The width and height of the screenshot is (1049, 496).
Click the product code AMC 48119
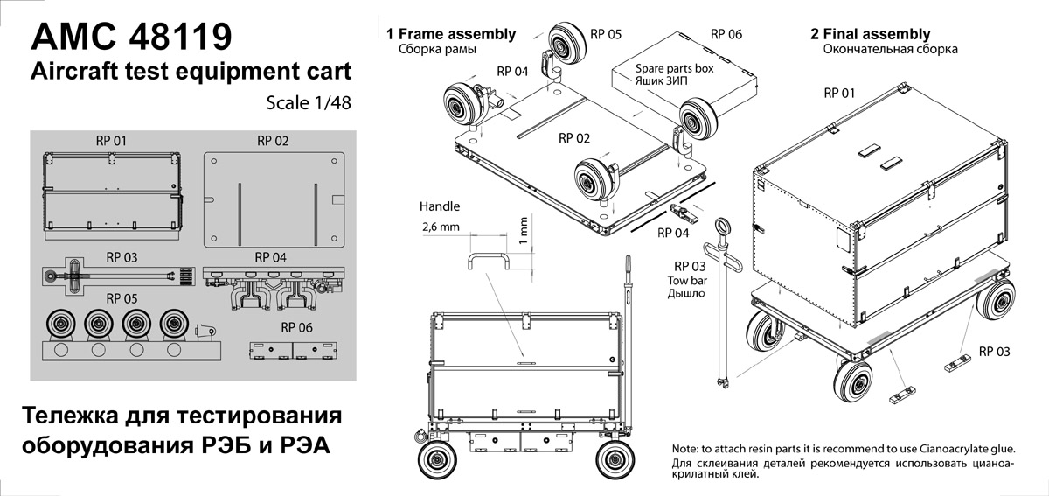coord(131,36)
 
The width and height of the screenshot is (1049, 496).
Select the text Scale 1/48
coord(309,103)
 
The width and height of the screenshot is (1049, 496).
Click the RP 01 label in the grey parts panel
coord(111,141)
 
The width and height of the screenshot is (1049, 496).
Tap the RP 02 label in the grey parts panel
coord(273,141)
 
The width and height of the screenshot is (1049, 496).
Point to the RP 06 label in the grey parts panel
coord(296,327)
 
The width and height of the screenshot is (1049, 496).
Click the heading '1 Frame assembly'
coord(450,34)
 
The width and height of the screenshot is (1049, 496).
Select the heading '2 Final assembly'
coord(870,34)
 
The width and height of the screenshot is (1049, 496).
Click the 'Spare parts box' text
coord(674,68)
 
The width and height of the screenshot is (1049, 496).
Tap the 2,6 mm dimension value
coord(441,227)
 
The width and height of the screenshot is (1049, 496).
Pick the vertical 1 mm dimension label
coord(523,230)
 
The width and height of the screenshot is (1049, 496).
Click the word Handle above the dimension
coord(439,206)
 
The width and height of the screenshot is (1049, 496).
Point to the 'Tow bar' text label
coord(687,281)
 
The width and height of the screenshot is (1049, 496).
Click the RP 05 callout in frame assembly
coord(606,34)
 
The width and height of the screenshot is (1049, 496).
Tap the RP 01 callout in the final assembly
coord(839,94)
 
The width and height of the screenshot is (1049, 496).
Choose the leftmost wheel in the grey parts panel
coord(61,324)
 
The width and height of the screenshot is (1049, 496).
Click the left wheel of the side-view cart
coord(437,460)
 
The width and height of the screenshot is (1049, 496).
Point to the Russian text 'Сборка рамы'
coord(437,49)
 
